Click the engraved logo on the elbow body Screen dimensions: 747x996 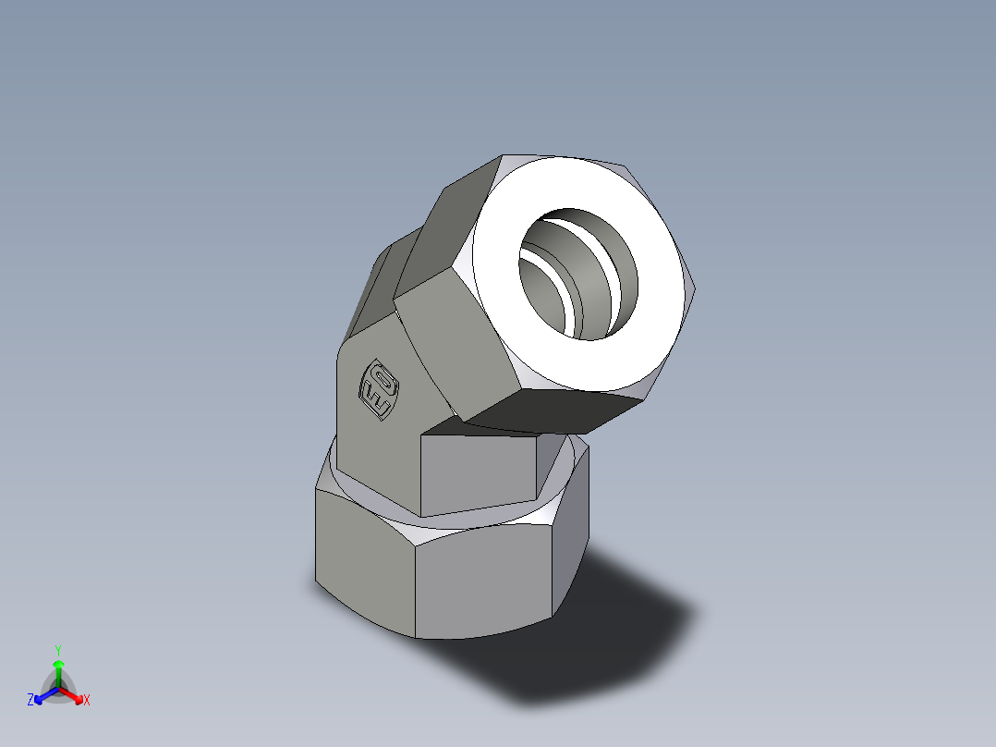379,388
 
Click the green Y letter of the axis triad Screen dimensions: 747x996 58,650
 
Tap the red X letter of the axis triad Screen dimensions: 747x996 87,701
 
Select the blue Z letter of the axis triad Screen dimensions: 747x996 30,701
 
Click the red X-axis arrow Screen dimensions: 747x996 73,694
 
